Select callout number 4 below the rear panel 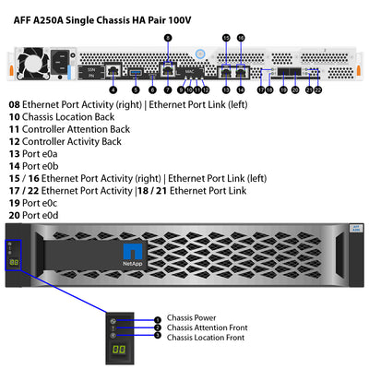point(112,89)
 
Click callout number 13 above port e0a point(227,38)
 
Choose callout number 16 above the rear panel point(242,38)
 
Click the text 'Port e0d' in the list point(45,214)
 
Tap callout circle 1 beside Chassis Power point(158,319)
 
